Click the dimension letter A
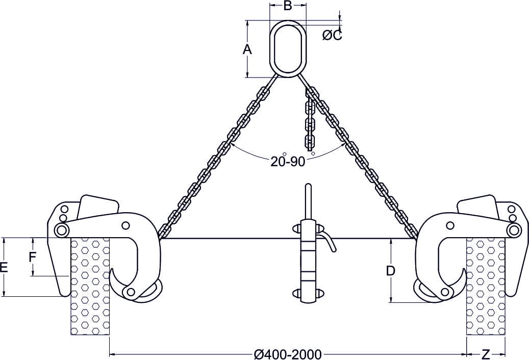pos(247,49)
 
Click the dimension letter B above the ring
pos(288,6)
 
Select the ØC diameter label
pos(332,35)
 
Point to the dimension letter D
pos(390,271)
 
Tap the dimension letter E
pos(5,267)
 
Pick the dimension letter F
pos(32,257)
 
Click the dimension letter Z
pos(486,353)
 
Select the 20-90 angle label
pos(288,162)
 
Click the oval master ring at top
pos(288,48)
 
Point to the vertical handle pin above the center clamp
pos(308,201)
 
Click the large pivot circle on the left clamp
pos(62,230)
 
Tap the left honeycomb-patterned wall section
pos(90,286)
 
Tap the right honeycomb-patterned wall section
pos(486,286)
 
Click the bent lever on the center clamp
pos(329,241)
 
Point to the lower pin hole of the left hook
pos(131,292)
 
